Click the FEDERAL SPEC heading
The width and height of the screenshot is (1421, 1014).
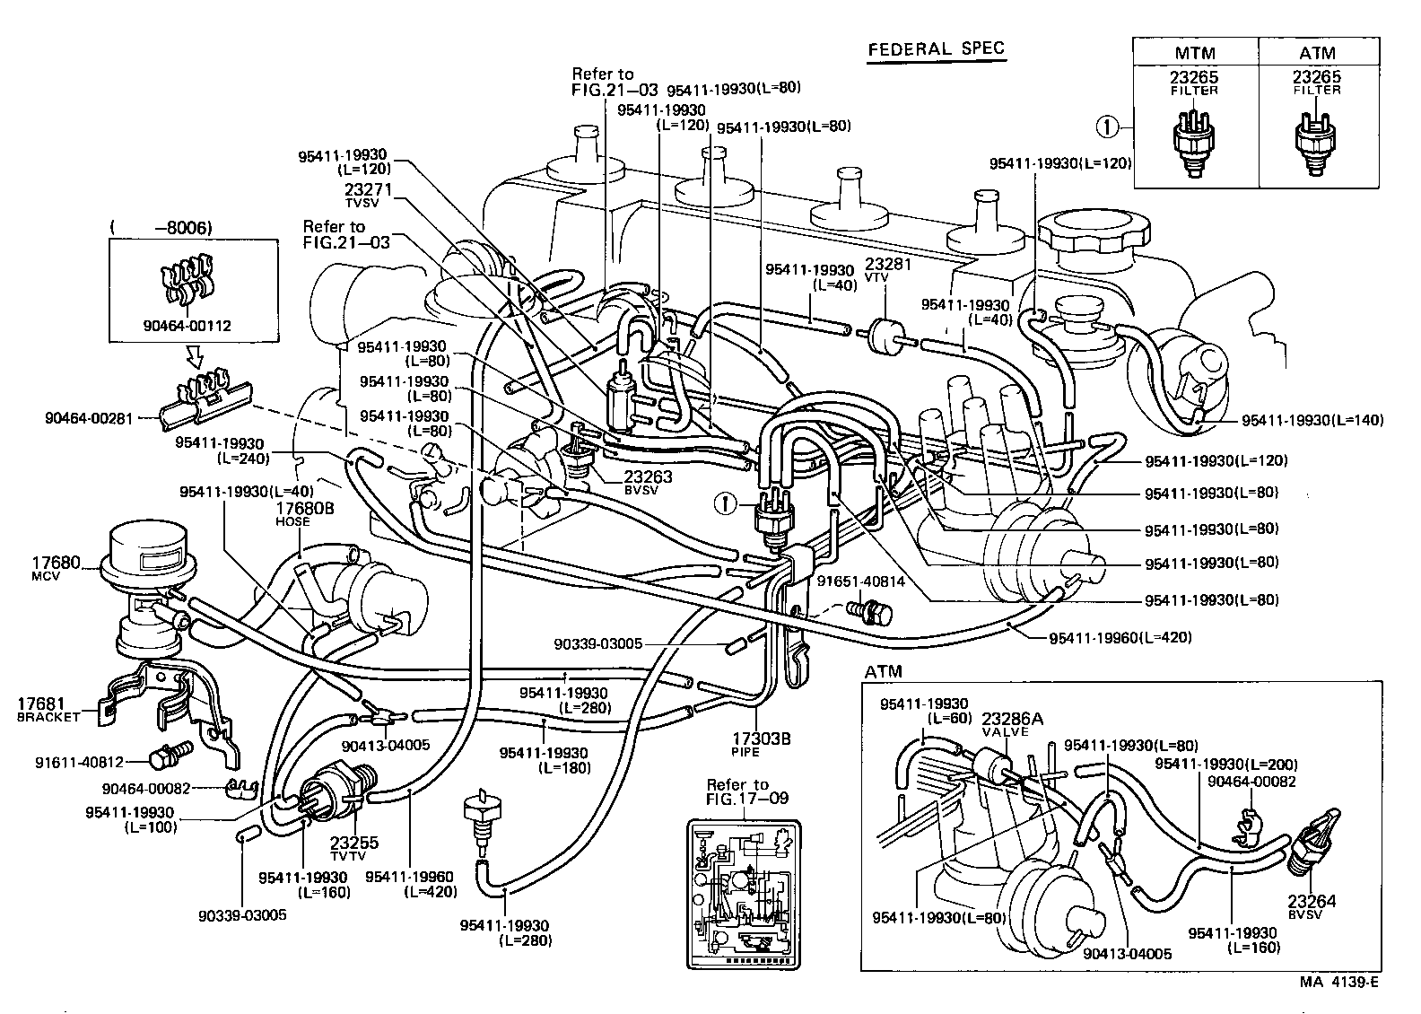(x=937, y=49)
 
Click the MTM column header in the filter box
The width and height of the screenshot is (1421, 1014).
(x=1196, y=52)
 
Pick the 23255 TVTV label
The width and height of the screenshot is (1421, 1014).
(x=354, y=848)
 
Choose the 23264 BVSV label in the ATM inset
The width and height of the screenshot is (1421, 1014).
(x=1312, y=907)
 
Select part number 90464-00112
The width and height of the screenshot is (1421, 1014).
(x=187, y=326)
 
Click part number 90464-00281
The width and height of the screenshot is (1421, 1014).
(x=87, y=418)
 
